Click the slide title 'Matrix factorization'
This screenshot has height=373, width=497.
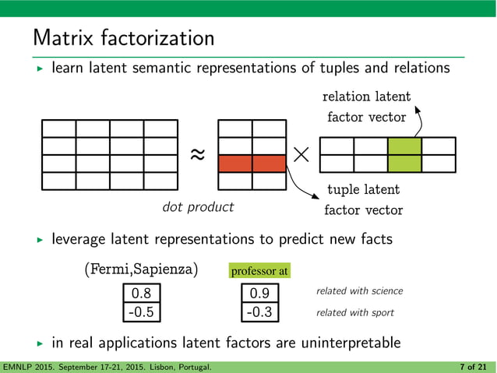pos(123,37)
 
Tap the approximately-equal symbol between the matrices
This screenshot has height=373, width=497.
pos(198,154)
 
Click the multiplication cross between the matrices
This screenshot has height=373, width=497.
pos(302,154)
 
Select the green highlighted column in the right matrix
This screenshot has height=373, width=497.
pos(404,154)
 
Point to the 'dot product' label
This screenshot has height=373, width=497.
pos(197,207)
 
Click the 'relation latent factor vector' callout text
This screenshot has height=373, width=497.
pos(365,107)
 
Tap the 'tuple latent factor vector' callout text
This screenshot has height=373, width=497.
pos(363,199)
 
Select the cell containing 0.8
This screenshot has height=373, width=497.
pos(141,294)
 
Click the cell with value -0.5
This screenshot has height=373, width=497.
pos(141,312)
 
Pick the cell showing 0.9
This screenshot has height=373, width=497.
pos(259,294)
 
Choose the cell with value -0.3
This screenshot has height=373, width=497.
pos(259,312)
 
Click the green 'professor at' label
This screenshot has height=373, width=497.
pos(259,271)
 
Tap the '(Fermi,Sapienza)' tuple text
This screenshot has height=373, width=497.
pos(140,270)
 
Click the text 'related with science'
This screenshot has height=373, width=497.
pos(359,291)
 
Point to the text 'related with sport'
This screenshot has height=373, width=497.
pos(354,312)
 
